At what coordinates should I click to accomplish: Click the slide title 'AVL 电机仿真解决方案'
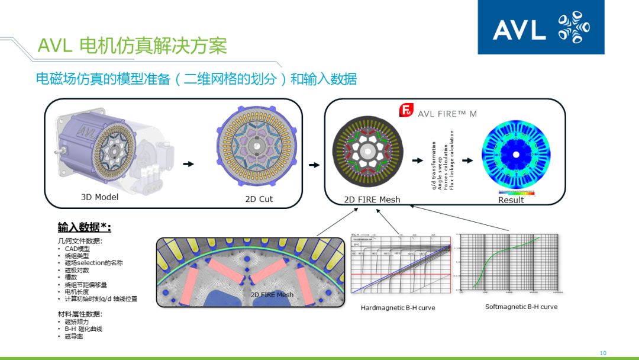coord(132,46)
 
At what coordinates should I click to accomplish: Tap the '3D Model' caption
coord(99,197)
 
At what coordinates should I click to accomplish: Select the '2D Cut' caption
coord(259,199)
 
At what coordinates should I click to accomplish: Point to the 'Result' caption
coord(511,200)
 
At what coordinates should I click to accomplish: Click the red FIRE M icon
coord(406,110)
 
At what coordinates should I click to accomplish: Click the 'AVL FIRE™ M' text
coord(447,114)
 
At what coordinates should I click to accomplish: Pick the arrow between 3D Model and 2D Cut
coord(188,164)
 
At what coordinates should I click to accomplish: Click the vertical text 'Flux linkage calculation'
coord(452,160)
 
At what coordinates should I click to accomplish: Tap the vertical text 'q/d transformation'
coord(434,166)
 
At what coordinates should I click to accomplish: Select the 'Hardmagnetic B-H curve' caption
coord(398,308)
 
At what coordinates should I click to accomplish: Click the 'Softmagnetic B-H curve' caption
coord(513,307)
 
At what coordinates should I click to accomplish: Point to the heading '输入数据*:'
coord(85,227)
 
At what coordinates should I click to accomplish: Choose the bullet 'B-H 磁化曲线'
coord(83,329)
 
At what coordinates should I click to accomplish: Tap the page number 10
coord(603,353)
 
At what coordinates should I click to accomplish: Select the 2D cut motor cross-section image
coord(258,150)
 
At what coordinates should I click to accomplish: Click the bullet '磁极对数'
coord(77,270)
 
